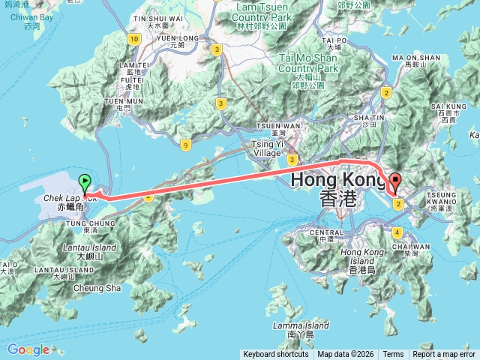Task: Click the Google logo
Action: (28, 349)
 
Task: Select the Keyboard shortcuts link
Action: (276, 354)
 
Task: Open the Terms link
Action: (393, 354)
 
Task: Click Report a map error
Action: (444, 354)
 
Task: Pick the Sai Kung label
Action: (449, 107)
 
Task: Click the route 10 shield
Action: (134, 38)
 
